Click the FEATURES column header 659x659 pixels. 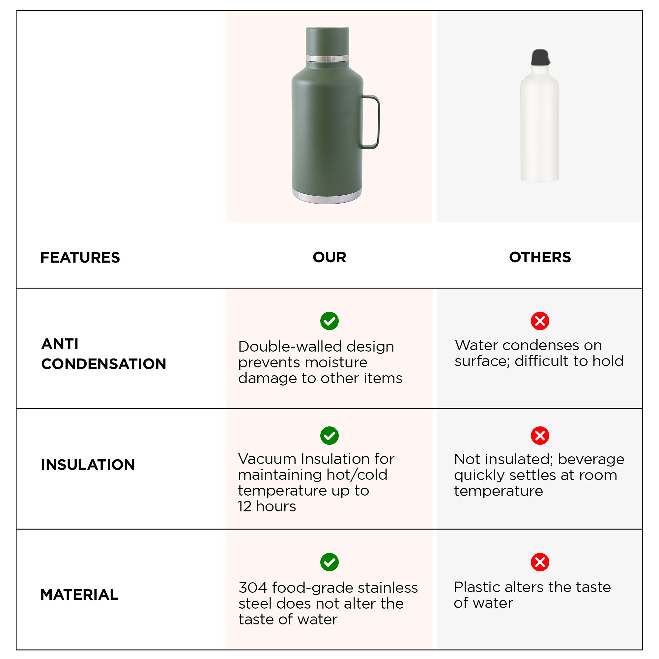tap(80, 258)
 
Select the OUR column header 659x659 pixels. tap(329, 257)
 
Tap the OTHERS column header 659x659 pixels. tap(540, 257)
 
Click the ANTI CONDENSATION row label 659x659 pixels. tap(104, 354)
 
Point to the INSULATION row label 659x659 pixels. tap(88, 465)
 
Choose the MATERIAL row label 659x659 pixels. tap(79, 594)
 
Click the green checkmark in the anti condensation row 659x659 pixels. tap(329, 321)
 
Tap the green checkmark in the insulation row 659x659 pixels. tap(329, 436)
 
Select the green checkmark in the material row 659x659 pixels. tap(329, 562)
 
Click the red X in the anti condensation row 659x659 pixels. tap(540, 321)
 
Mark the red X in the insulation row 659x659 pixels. tap(540, 436)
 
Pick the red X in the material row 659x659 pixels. tap(540, 562)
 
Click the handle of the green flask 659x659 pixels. tap(377, 122)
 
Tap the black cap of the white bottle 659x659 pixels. tap(540, 57)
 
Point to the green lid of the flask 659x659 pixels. tap(328, 41)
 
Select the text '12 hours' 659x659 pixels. tap(267, 506)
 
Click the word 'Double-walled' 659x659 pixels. tap(289, 347)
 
